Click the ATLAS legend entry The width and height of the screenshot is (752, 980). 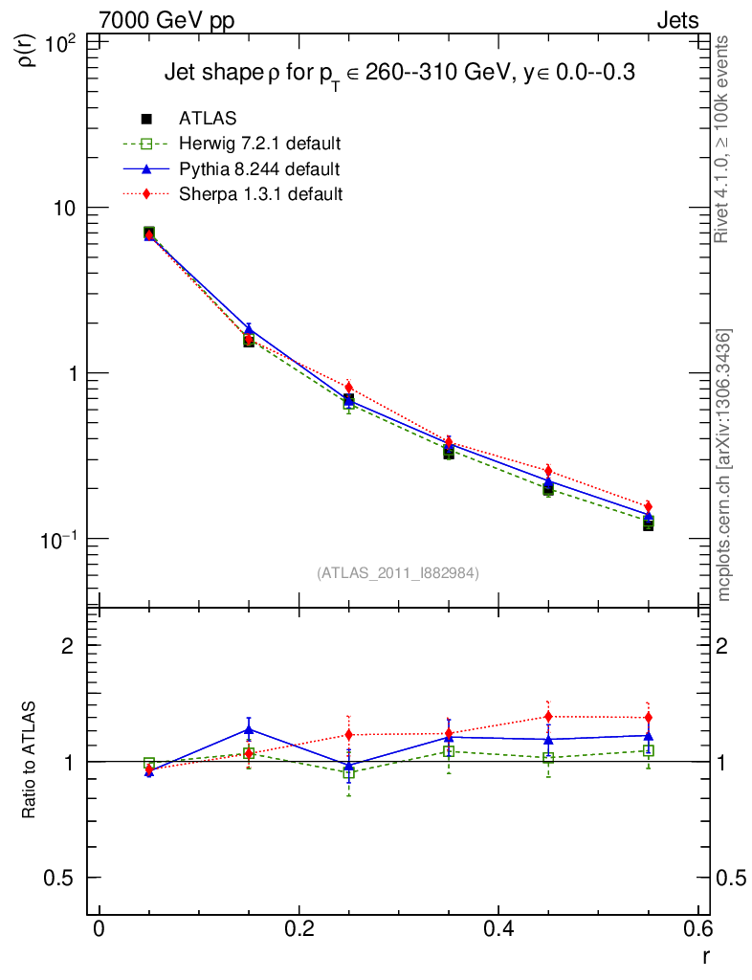[209, 119]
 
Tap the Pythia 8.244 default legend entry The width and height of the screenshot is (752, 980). [259, 168]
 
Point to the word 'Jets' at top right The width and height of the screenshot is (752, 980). [676, 20]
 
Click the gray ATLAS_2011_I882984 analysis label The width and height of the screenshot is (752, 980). [397, 572]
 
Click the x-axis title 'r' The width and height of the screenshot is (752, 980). [706, 954]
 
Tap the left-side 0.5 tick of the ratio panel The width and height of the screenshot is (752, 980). [63, 878]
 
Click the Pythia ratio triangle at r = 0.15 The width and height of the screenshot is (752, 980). [249, 729]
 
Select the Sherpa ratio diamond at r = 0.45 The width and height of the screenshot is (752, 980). [548, 717]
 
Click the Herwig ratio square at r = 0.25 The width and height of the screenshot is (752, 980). [349, 772]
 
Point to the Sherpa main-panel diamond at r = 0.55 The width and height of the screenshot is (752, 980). [648, 506]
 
